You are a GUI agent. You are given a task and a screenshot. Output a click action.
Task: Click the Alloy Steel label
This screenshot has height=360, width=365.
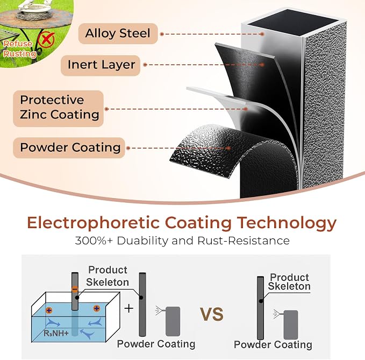pos(118,33)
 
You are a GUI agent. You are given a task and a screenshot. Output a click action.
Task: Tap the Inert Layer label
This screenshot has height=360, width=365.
pos(101,65)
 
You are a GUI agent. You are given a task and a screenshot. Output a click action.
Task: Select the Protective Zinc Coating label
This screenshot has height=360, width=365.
pos(59,108)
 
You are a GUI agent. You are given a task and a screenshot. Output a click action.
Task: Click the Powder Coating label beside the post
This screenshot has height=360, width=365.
pos(69,148)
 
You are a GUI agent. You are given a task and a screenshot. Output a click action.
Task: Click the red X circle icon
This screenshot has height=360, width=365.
pos(46,39)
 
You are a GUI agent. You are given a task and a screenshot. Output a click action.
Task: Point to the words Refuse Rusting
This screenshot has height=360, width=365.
pos(19,49)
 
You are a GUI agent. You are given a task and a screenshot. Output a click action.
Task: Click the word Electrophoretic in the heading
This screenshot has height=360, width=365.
pos(94,223)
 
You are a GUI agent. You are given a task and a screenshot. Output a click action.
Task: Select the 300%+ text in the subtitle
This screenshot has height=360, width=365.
pos(94,241)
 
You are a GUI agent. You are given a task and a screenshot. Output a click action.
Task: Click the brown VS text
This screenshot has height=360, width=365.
pos(212,314)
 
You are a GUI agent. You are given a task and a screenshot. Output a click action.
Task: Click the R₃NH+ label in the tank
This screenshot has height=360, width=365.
pos(56,333)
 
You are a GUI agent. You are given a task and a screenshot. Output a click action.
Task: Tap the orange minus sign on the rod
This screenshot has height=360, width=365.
pos(75,290)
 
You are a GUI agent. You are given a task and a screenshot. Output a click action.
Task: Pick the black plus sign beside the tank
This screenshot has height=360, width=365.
pos(128,309)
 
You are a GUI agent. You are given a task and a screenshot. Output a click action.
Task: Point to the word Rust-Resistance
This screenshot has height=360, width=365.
pos(244,241)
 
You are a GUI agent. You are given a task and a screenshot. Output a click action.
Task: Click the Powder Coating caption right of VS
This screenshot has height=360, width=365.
pos(273,345)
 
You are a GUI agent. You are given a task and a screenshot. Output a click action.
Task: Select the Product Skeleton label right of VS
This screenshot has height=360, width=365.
pos(289,282)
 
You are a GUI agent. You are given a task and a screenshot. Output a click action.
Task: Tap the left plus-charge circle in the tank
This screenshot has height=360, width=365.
pos(49,310)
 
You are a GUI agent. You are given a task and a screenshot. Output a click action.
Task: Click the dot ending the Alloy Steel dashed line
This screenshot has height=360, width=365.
pos(262,34)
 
